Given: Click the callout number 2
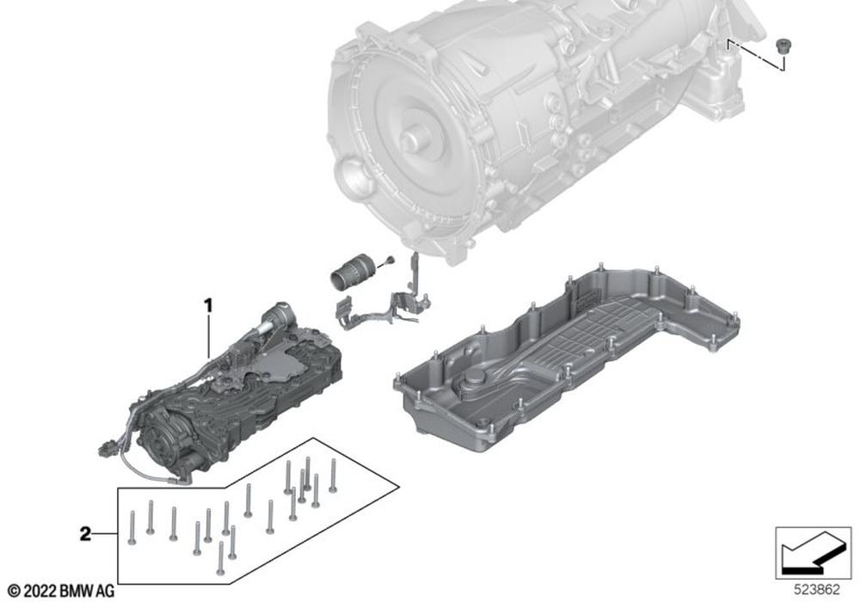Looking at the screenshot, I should coord(85,534).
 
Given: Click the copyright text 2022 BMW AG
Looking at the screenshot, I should coord(61,592).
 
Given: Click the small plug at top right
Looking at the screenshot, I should coord(782,45).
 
